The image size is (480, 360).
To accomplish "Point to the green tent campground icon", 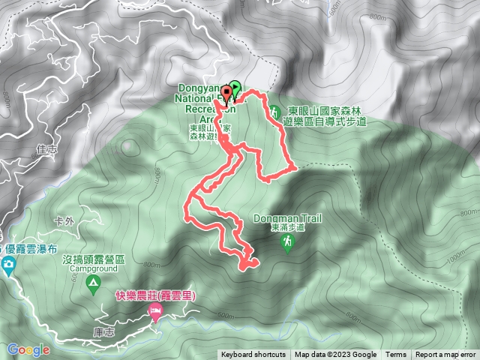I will pyautogui.click(x=93, y=283).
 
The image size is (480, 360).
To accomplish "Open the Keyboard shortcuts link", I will pyautogui.click(x=253, y=355).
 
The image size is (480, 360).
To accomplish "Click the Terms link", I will pyautogui.click(x=396, y=355).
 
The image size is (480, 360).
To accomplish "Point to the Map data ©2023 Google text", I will pyautogui.click(x=336, y=355).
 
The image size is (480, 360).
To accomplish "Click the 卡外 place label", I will pyautogui.click(x=65, y=221).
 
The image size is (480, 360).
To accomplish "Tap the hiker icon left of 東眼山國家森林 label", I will pyautogui.click(x=274, y=109).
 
